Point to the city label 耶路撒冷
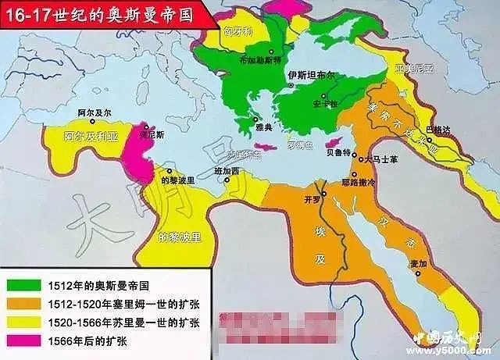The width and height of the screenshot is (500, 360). pos(372,182)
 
